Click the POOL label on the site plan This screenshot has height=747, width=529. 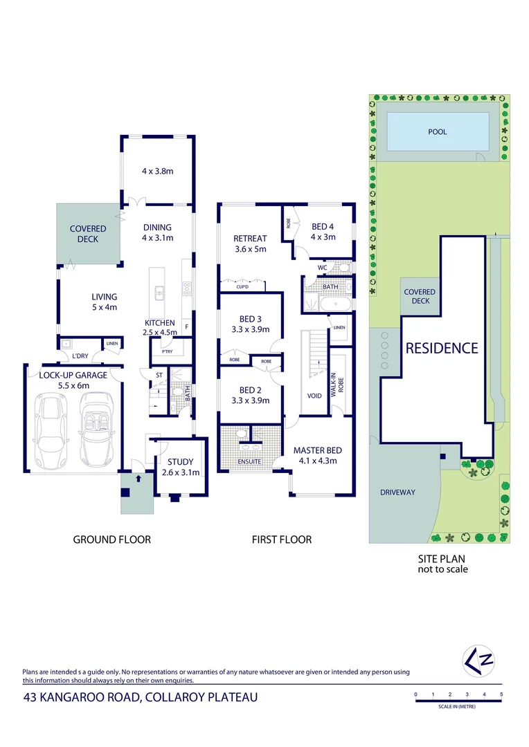click(437, 131)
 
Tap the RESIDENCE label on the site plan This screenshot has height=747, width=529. click(442, 348)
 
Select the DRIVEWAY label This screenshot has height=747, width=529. click(397, 492)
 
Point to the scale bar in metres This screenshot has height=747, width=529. click(458, 701)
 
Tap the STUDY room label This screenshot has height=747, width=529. click(181, 462)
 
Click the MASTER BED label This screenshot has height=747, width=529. click(317, 450)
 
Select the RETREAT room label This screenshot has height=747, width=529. click(250, 239)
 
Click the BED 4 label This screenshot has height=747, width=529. click(323, 226)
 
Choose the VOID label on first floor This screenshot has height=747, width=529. click(314, 396)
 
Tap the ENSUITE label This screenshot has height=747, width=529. click(249, 461)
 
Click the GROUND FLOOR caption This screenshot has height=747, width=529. click(111, 539)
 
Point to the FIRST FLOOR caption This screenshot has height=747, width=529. click(281, 539)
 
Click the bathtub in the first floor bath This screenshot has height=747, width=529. click(335, 304)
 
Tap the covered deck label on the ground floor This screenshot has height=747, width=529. click(88, 234)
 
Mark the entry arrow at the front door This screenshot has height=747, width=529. click(138, 477)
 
